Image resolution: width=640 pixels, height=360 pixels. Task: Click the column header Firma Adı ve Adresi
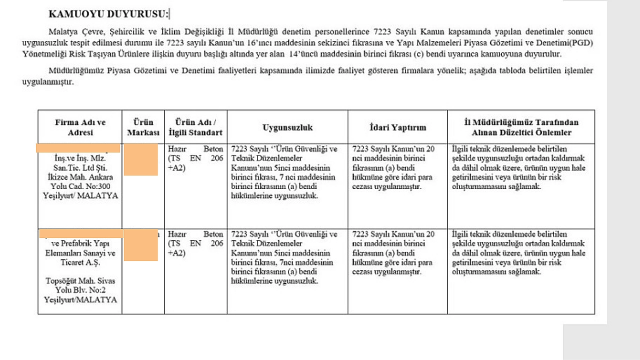(80, 127)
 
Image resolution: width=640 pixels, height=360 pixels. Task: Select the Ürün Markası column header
(143, 127)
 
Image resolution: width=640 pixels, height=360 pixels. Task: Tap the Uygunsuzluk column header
(287, 127)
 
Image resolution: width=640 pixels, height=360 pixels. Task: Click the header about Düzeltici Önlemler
(521, 127)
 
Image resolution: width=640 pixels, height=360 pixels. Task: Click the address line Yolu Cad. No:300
(80, 186)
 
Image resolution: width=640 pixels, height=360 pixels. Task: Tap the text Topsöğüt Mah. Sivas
(80, 281)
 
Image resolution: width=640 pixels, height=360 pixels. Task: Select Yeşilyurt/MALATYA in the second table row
(80, 300)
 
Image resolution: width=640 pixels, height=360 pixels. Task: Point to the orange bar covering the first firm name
(79, 148)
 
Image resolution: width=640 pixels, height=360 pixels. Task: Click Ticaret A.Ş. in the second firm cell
(80, 262)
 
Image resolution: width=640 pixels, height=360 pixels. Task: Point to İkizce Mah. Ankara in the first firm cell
(80, 176)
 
